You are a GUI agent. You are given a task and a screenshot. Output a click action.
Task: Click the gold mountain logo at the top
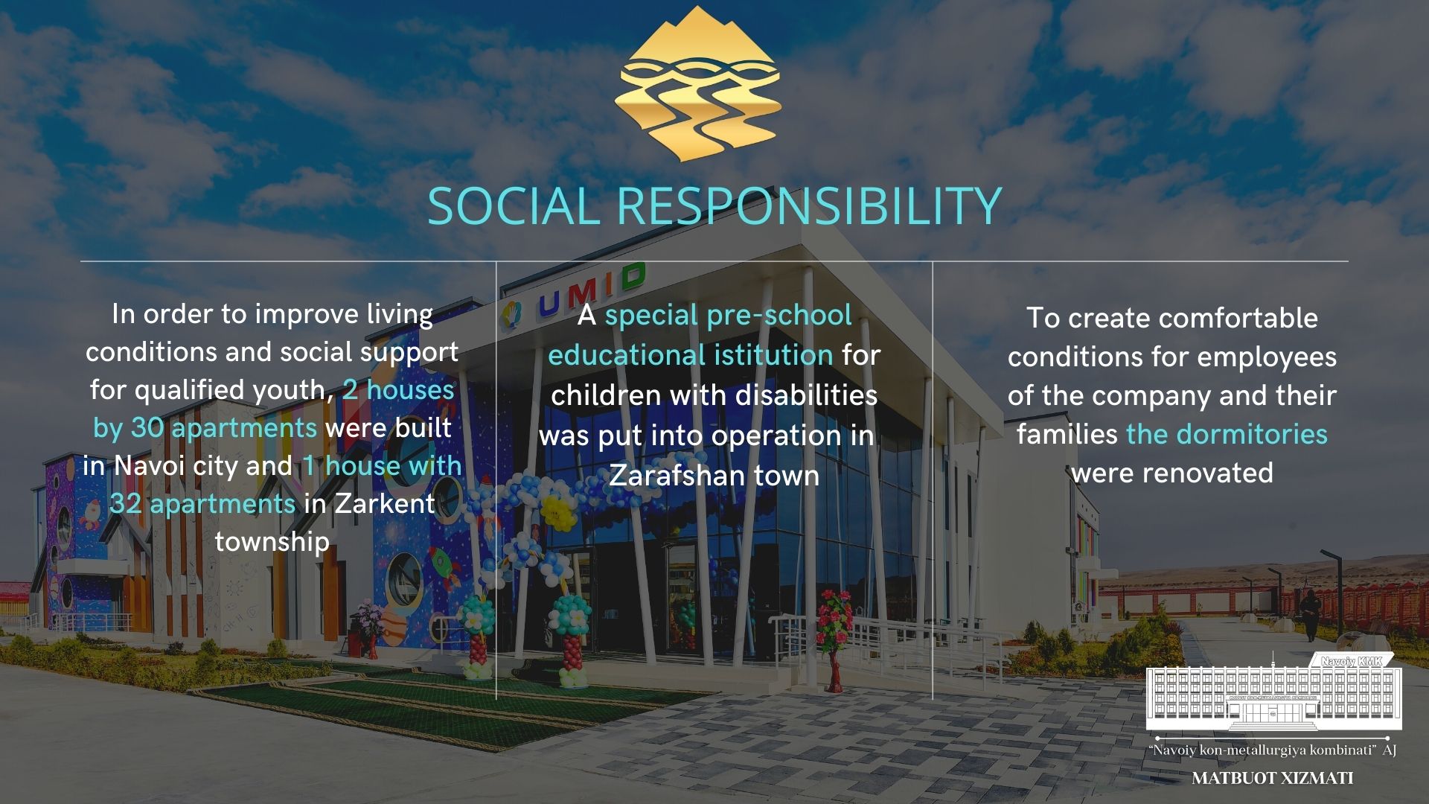[x=698, y=83]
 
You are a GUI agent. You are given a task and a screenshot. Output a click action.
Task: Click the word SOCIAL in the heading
[x=514, y=205]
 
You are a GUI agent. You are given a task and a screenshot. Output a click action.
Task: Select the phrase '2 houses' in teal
[x=398, y=389]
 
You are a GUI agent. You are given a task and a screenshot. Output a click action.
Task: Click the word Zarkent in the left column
[x=384, y=504]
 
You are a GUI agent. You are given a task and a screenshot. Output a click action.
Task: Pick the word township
[x=272, y=542]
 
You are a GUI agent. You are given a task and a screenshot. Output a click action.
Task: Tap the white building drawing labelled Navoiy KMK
[x=1273, y=693]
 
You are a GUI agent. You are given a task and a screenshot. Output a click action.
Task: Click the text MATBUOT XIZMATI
[x=1273, y=779]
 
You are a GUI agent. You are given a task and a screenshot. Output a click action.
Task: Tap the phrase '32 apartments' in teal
[x=202, y=504]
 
